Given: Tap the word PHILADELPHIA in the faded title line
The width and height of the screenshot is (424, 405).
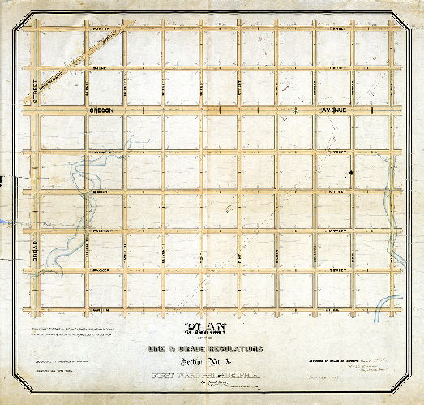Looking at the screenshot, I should point(236,377).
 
